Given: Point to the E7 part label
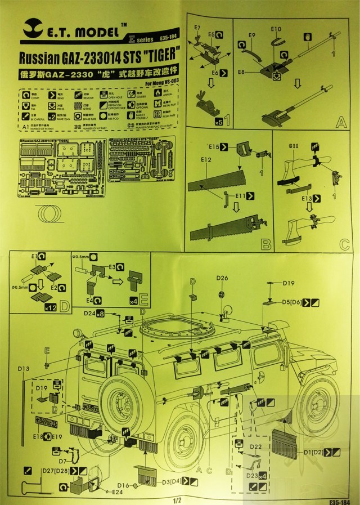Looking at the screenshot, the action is [x=197, y=28].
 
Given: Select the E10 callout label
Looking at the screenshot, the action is [x=276, y=29].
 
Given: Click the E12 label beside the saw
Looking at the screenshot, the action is [x=206, y=160].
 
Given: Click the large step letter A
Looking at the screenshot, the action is [x=340, y=121].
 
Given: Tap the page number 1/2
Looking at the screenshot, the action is [x=178, y=499].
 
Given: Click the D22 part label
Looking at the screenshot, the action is [x=255, y=446].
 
